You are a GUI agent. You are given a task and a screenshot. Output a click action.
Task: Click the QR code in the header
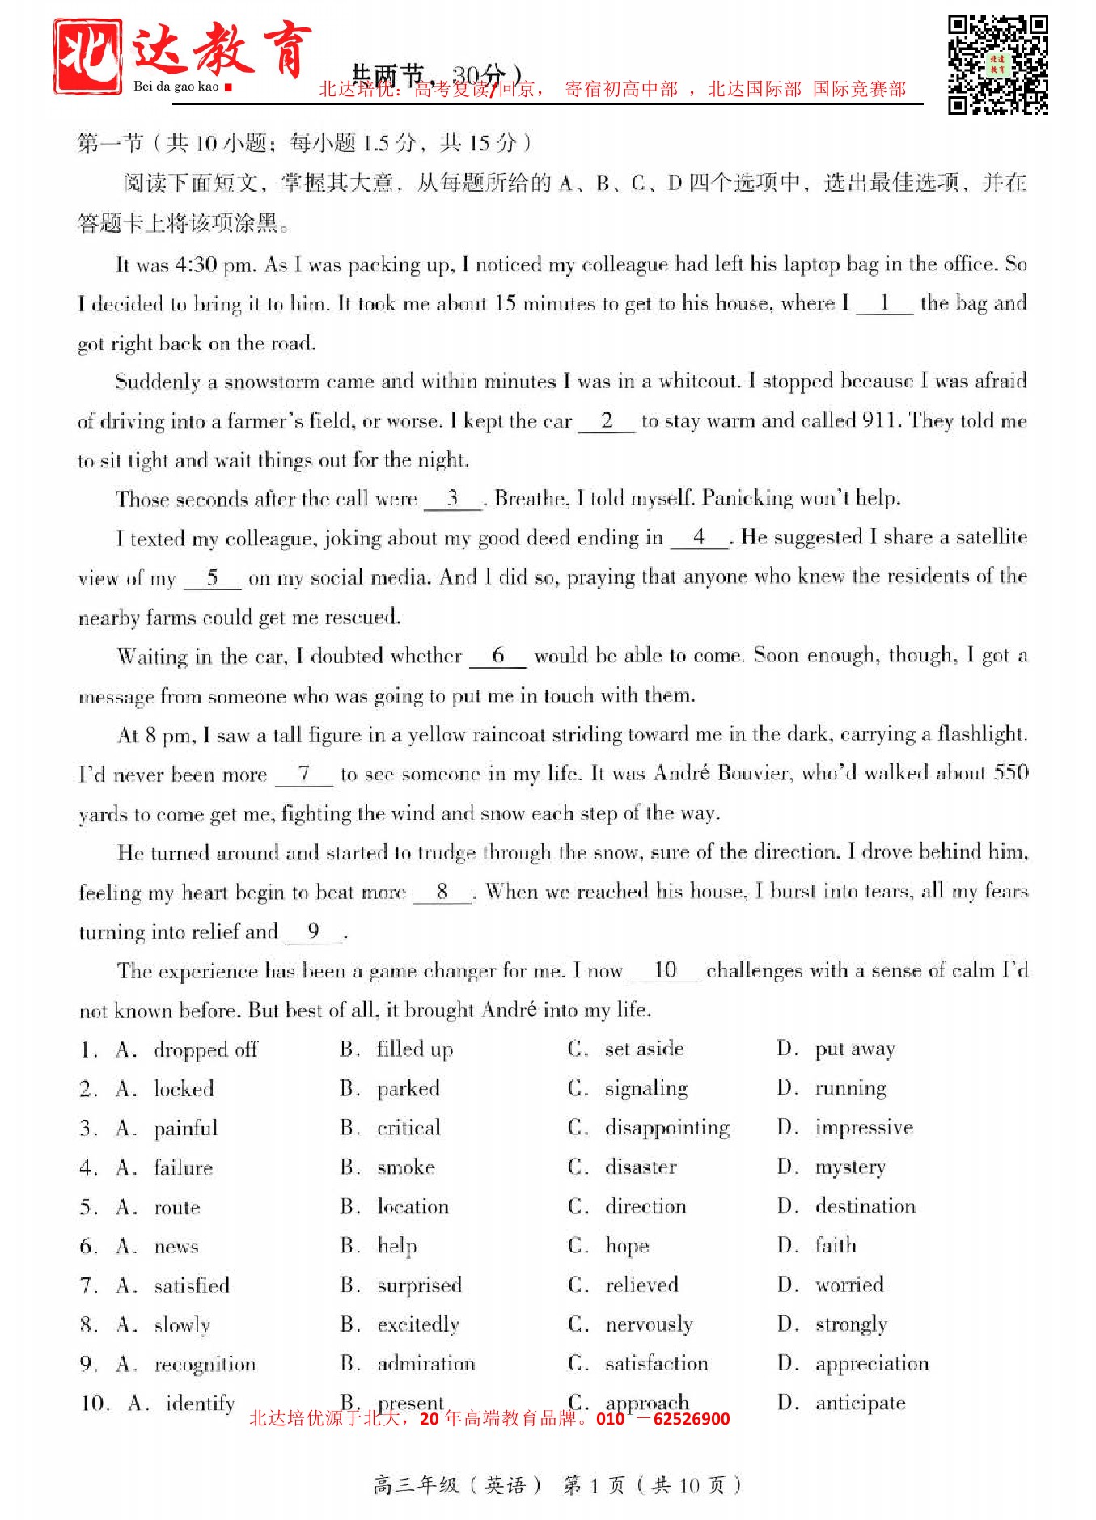pos(997,65)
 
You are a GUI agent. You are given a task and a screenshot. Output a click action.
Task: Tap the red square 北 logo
pos(88,57)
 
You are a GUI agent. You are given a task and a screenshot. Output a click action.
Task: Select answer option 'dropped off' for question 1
pos(205,1049)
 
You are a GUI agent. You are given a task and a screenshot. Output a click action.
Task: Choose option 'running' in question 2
pos(850,1088)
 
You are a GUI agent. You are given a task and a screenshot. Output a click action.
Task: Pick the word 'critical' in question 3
pos(408,1128)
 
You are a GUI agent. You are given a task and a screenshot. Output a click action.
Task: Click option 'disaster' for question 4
pos(641,1167)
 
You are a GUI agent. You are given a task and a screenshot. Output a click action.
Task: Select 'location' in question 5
pos(413,1206)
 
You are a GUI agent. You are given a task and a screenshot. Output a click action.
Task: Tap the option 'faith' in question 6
pos(836,1245)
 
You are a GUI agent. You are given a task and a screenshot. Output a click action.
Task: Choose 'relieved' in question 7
pos(641,1285)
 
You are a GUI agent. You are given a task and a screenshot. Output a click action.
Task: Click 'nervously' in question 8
pos(649,1324)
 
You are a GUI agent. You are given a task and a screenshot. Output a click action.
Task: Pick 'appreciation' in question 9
pos(872,1364)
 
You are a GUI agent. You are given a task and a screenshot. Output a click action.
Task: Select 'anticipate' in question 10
pos(860,1404)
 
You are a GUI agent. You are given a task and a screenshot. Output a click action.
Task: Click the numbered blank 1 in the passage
pos(884,304)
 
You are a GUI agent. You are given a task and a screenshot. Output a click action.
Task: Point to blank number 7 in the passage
pos(304,775)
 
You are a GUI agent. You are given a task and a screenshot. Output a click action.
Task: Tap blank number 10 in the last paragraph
pos(665,970)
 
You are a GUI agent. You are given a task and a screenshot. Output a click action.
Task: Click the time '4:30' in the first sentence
pos(195,264)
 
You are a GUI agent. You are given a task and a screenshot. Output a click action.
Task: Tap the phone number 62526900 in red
pos(691,1419)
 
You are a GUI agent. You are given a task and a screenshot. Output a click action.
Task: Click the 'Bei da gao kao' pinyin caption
pos(176,87)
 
